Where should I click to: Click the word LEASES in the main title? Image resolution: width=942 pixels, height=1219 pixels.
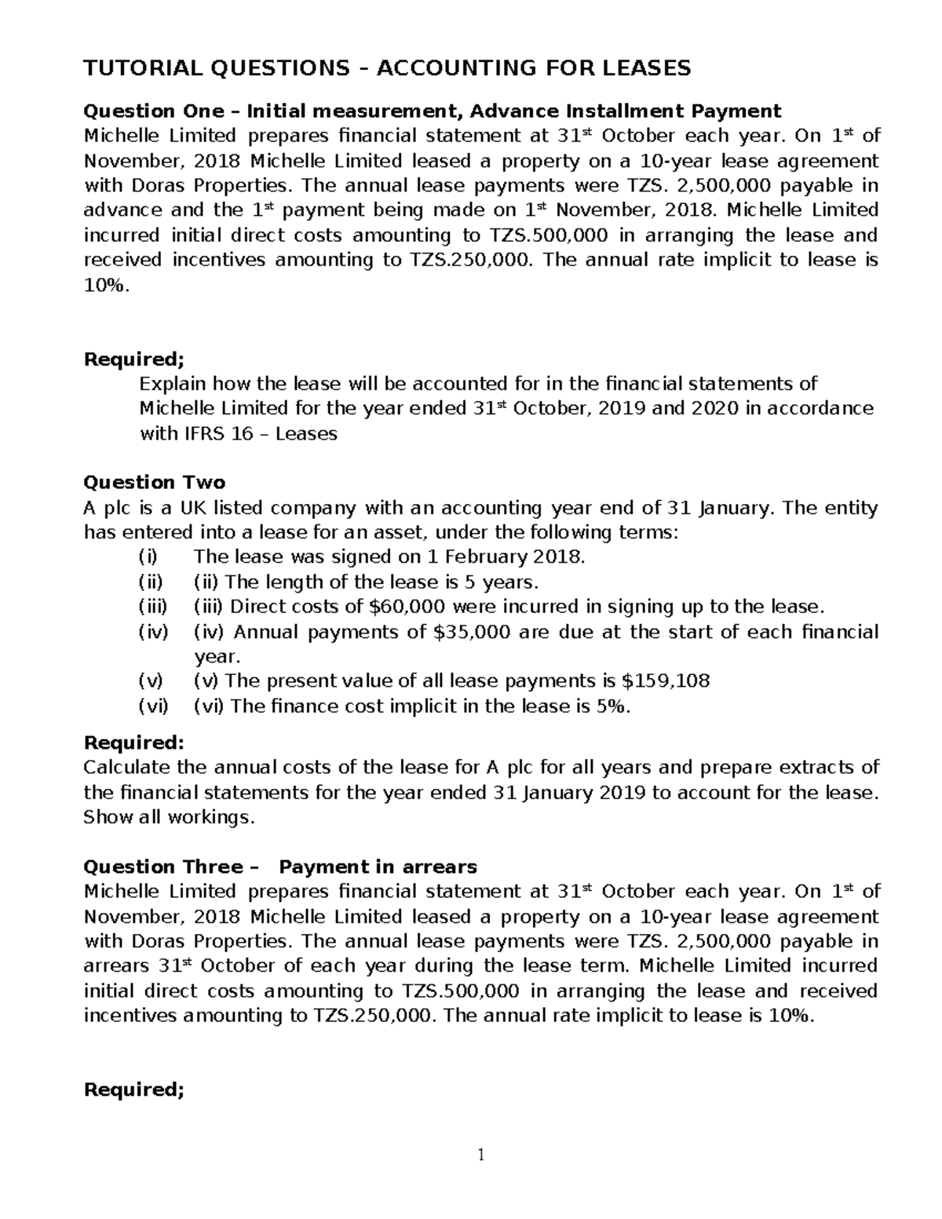tap(645, 69)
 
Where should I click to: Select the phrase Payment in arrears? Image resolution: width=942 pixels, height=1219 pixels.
tap(378, 867)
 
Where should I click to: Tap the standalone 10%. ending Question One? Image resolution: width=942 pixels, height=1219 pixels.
tap(104, 285)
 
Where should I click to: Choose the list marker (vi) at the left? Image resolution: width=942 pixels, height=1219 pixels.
tap(153, 706)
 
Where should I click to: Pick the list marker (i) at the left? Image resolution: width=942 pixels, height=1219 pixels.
tap(148, 557)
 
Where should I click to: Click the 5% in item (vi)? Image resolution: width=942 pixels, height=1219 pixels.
tap(613, 706)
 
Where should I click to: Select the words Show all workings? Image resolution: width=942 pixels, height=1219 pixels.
tap(170, 817)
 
